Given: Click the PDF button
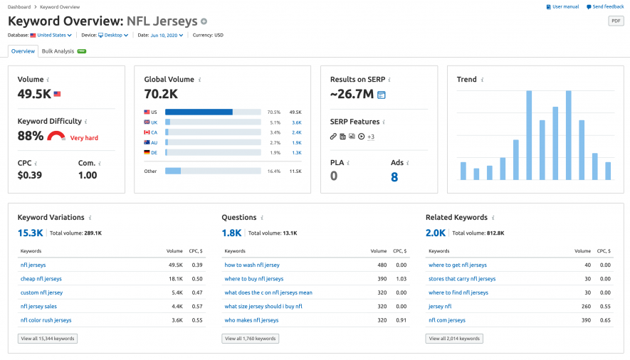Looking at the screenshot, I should [616, 21].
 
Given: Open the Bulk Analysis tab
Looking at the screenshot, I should [58, 51].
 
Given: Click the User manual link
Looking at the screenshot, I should [562, 6].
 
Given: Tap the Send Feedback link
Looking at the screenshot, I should [605, 6].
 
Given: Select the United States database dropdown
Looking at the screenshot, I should [51, 35].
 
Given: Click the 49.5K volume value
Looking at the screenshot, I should [34, 93].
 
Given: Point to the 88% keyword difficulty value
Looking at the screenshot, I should [31, 135].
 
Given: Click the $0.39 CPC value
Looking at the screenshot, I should [30, 176].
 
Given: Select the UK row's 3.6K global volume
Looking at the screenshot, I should [297, 122].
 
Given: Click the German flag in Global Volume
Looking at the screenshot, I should [147, 152].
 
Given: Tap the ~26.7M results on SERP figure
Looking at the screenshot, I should [352, 94].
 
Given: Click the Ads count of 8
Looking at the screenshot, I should [394, 176].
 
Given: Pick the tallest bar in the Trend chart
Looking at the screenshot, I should [529, 135].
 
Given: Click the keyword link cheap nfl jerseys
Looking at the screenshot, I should [41, 279].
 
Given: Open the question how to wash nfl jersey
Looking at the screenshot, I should [252, 265].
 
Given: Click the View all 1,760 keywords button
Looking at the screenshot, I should [250, 339].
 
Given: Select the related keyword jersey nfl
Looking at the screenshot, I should [440, 306].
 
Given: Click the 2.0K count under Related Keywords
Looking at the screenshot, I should [436, 233].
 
